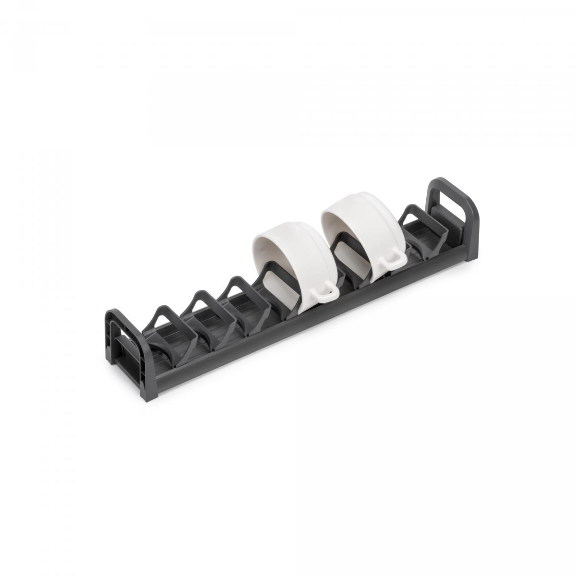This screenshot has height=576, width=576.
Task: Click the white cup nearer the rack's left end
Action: click(x=288, y=269)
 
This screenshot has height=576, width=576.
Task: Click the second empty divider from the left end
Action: click(x=206, y=307)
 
